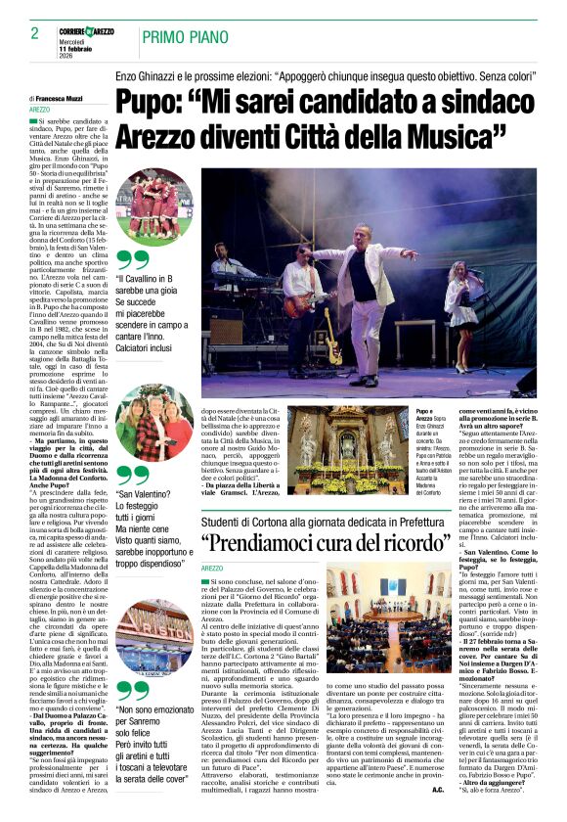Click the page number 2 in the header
[x=22, y=34]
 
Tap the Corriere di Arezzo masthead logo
[x=85, y=32]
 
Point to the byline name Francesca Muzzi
[x=65, y=99]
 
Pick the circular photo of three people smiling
[x=153, y=422]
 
